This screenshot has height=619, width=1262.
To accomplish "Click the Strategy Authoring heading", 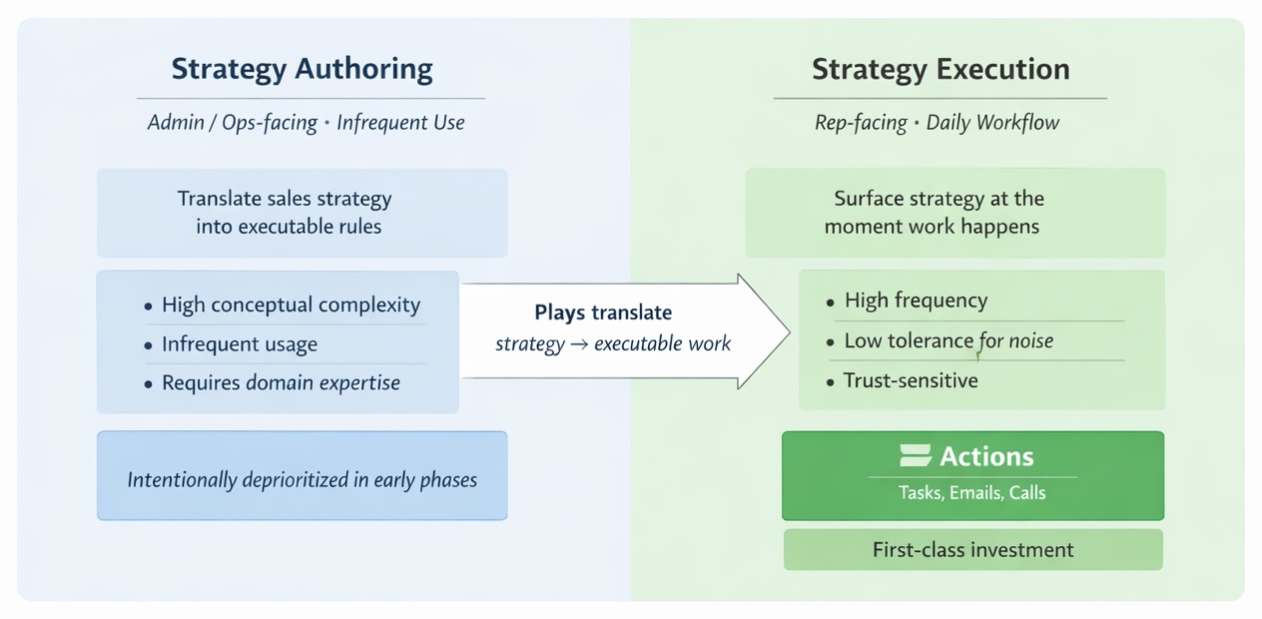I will point(302,70).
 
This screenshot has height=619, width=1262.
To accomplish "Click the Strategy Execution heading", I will point(940,70).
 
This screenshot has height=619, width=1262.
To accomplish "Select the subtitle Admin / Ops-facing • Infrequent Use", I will point(306,123).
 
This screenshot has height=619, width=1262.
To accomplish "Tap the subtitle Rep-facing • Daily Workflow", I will point(937,123).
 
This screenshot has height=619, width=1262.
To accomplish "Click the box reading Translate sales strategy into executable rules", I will point(302,213).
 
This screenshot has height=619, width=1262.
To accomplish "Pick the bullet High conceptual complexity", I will point(291,306).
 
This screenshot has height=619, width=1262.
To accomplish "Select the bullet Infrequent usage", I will point(240,344).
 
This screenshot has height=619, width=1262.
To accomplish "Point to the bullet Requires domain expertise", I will point(281,382).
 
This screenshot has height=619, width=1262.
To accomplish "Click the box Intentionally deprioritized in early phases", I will point(302,479).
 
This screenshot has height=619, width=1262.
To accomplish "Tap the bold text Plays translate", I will point(603,312).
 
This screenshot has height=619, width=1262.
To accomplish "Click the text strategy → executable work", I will point(613,344).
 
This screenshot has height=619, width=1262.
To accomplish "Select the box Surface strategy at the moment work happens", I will point(954,213).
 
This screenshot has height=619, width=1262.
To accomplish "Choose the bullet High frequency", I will point(916,301).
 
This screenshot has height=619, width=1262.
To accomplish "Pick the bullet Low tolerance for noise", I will point(948,341).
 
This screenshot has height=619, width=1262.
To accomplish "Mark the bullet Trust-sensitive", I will point(911,380).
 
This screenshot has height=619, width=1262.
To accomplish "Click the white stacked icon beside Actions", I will point(915,456).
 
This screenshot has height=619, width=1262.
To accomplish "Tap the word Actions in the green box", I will point(986,456).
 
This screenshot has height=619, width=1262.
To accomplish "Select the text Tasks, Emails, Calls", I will point(971,492).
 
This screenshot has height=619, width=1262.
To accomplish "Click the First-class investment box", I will point(972,550).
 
